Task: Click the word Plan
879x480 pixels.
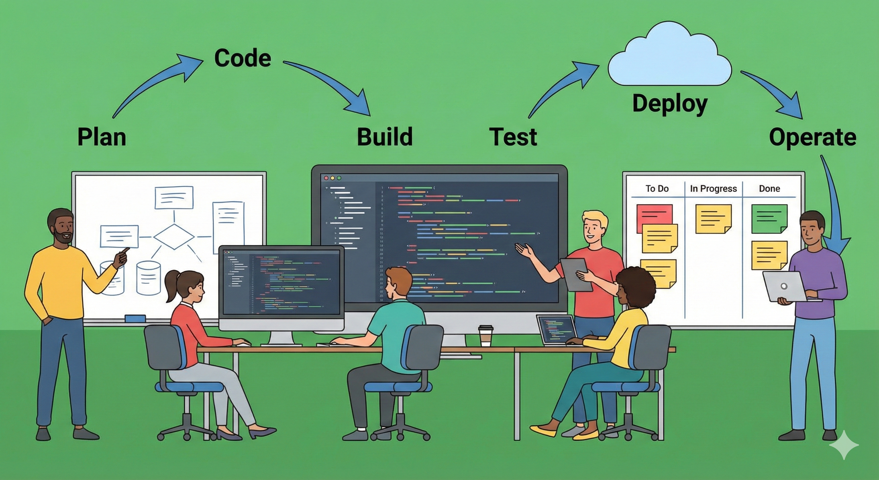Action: pyautogui.click(x=102, y=137)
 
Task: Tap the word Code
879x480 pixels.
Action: pyautogui.click(x=243, y=58)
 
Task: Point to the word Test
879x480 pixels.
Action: pyautogui.click(x=513, y=137)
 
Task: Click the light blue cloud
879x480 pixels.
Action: pyautogui.click(x=670, y=54)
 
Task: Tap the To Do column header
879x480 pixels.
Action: pyautogui.click(x=657, y=188)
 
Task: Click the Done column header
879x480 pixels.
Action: pyautogui.click(x=769, y=188)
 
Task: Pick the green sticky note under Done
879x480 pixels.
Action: pyautogui.click(x=769, y=219)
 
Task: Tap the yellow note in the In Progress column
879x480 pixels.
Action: pyautogui.click(x=714, y=219)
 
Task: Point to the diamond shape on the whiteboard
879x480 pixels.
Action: pyautogui.click(x=174, y=237)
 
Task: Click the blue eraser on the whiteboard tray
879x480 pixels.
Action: pyautogui.click(x=135, y=318)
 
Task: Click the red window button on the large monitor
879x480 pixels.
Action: pyautogui.click(x=326, y=178)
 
